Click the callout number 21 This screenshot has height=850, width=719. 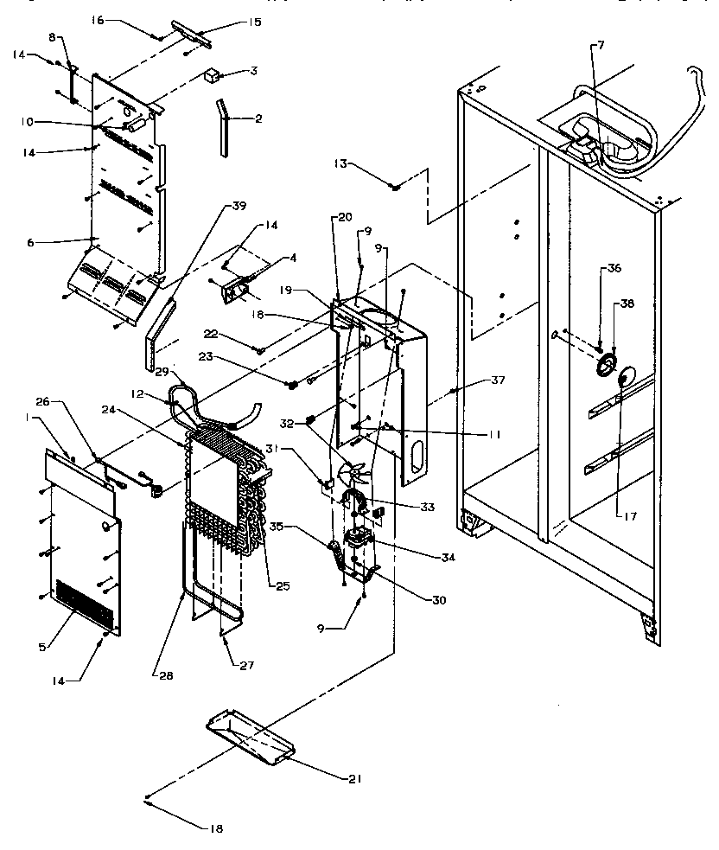coord(354,778)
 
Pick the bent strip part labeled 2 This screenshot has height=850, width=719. coord(224,126)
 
